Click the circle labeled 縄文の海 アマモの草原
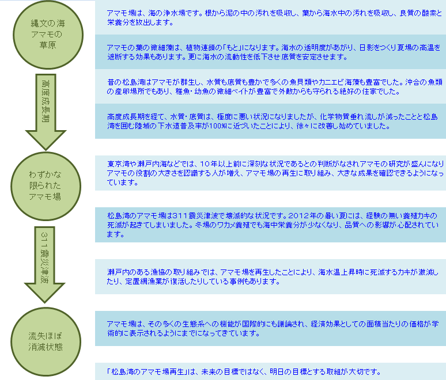coord(48,35)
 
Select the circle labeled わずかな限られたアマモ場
coord(46,186)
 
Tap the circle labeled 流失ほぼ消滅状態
coord(46,341)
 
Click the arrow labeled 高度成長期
coord(46,112)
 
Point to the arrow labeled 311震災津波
coord(44,265)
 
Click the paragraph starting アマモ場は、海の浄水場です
coord(274,18)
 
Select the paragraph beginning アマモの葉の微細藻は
coord(274,52)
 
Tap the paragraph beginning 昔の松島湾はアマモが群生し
coord(275,87)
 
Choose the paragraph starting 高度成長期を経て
coord(272,121)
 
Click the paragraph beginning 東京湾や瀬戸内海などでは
coord(275,173)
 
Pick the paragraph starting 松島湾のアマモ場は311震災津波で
coord(273,225)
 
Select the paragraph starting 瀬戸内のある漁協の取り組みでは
coord(273,277)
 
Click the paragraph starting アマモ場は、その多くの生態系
coord(273,329)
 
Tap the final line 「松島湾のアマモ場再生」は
coord(244,371)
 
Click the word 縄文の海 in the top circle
coord(48,23)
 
